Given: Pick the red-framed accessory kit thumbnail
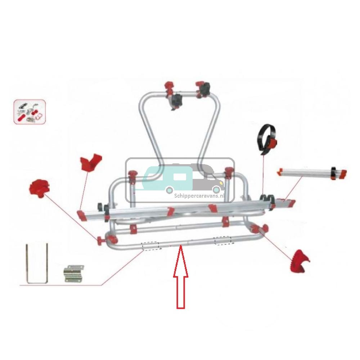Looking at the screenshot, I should point(30,112).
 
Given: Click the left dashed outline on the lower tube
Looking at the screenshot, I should point(150,246).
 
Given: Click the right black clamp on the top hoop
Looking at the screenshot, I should point(206,89).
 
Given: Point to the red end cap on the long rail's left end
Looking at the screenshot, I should point(82,215).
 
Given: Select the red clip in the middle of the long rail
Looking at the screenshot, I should point(170,211).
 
